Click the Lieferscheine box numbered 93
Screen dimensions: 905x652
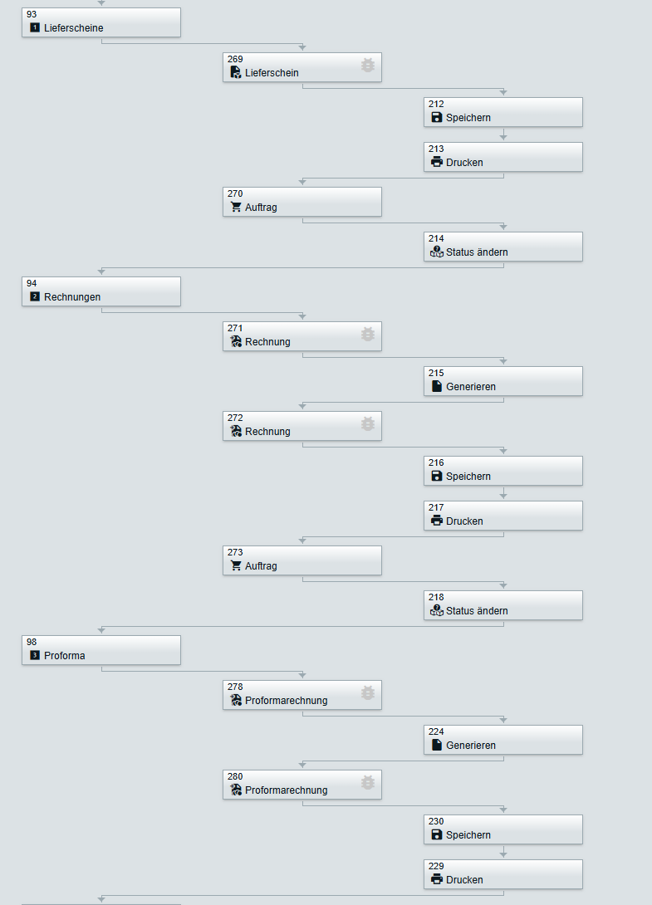(100, 22)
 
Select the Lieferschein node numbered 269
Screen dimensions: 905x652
(301, 67)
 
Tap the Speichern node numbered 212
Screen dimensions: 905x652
(502, 112)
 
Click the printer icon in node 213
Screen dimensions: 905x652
(437, 162)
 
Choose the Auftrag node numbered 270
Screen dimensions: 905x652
(301, 202)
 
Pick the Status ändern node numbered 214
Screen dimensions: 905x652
(502, 247)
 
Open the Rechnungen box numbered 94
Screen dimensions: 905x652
(100, 291)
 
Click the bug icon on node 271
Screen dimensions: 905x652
(368, 334)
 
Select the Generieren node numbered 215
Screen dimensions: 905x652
(502, 381)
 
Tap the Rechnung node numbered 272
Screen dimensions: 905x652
(301, 426)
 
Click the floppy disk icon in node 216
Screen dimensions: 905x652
(437, 476)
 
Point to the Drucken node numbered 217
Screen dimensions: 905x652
(502, 516)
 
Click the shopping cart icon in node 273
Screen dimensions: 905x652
(236, 565)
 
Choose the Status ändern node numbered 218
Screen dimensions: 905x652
(502, 605)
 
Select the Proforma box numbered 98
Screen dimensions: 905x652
(100, 650)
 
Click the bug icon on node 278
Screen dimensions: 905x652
(368, 692)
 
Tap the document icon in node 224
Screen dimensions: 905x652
(437, 745)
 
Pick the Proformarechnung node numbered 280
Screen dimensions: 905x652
(301, 785)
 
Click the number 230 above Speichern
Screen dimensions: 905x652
(436, 821)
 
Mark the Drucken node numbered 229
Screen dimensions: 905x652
(502, 874)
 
